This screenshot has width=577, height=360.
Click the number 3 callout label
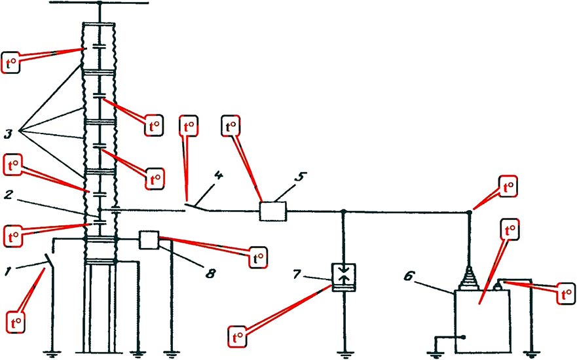point(8,134)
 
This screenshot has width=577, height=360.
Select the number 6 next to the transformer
point(409,276)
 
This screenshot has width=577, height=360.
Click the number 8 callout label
point(210,273)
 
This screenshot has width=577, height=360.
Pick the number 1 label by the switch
point(8,272)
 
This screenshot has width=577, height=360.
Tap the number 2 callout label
point(8,194)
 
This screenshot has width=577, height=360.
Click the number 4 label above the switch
point(219,176)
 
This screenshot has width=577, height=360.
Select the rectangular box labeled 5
point(273,211)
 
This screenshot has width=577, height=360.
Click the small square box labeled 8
point(149,240)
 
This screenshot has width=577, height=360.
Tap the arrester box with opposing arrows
point(344,278)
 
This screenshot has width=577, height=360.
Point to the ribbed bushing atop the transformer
point(469,278)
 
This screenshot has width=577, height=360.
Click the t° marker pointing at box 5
point(231,126)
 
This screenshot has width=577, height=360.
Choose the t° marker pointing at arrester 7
point(237,336)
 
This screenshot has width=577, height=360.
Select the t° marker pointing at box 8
point(258,257)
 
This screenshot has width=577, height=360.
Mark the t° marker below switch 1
point(16,323)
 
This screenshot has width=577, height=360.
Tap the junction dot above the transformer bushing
point(469,213)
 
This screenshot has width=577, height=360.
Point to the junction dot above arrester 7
point(343,211)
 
